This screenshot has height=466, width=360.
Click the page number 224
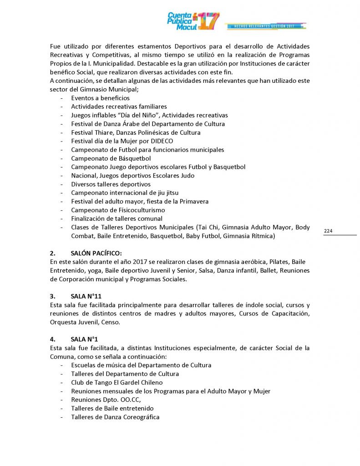tap(328, 231)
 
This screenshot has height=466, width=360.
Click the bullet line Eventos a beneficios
tap(100, 98)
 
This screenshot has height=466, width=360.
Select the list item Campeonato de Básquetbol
tap(111, 158)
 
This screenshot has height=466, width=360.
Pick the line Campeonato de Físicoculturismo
tap(118, 210)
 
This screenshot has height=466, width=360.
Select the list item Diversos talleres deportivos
tap(111, 184)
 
